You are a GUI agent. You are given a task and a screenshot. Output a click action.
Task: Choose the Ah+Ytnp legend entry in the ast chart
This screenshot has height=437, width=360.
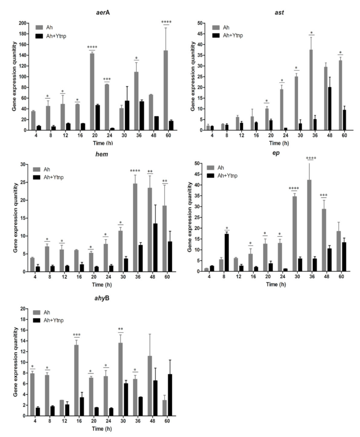228,35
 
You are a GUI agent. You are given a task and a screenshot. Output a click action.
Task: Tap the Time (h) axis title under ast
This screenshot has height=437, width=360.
279,143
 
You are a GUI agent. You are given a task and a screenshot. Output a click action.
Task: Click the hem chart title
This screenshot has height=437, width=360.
102,154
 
